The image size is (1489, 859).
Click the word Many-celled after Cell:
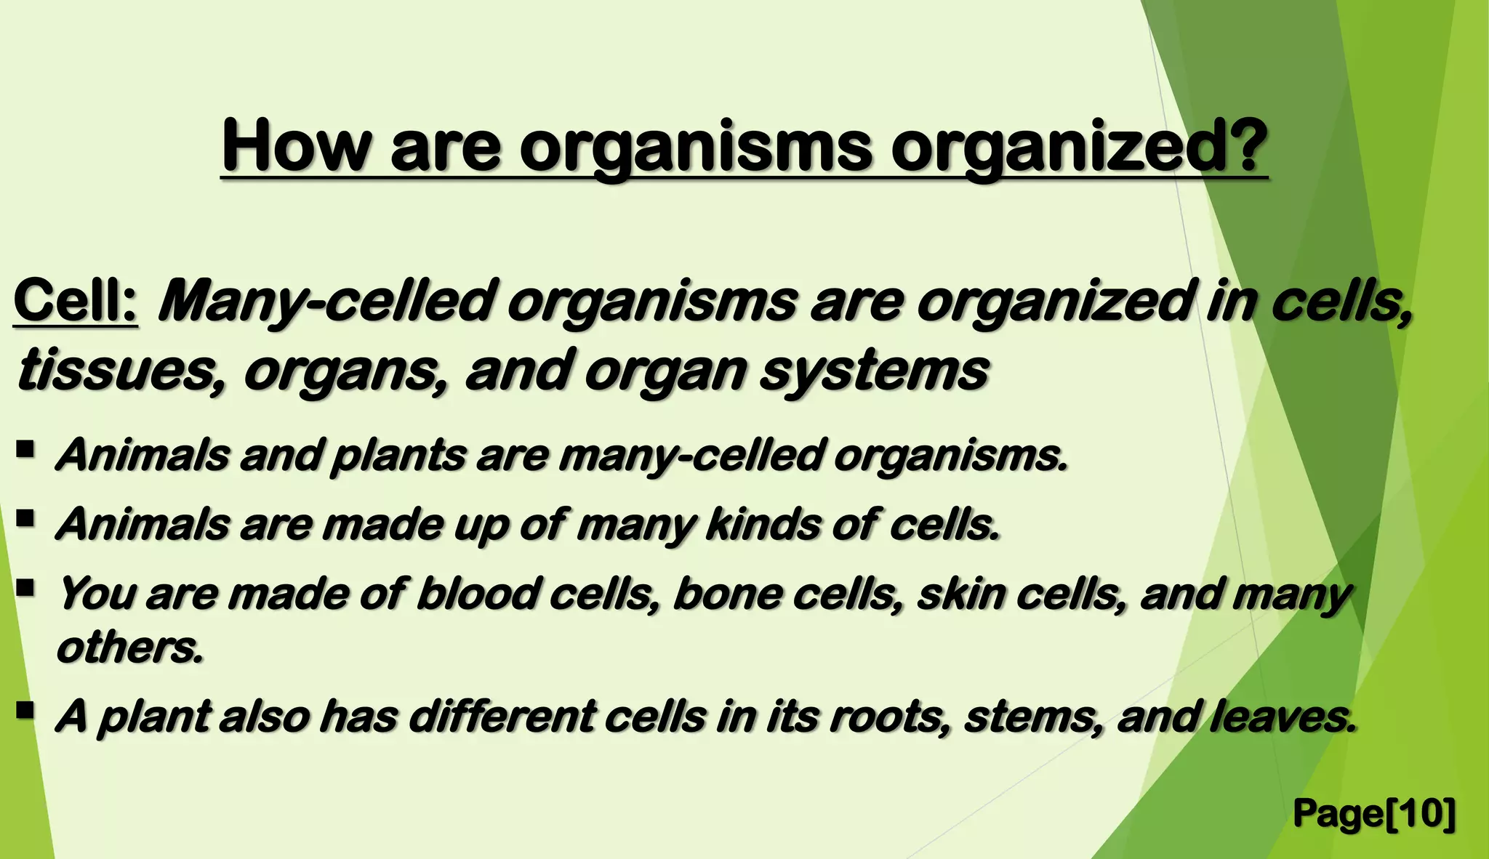326,303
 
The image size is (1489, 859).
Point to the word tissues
118,371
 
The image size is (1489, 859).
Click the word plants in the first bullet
398,456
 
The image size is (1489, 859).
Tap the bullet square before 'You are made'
25,587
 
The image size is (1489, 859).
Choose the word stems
1032,717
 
